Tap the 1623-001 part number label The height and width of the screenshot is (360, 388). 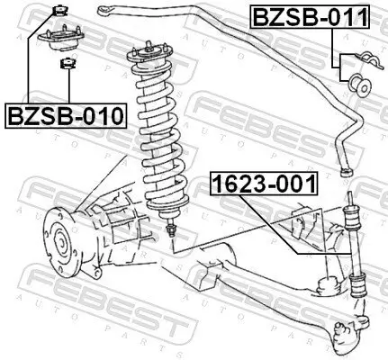[x=264, y=184]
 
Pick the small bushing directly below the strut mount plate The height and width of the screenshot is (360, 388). [x=65, y=64]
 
